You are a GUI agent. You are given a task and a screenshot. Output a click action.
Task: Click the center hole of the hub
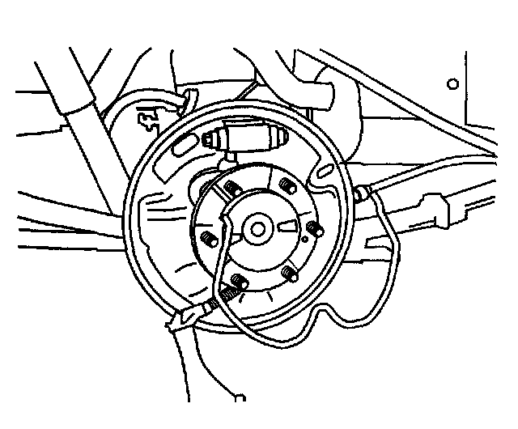pos(258,229)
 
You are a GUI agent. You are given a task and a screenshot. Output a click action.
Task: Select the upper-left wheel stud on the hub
pos(231,189)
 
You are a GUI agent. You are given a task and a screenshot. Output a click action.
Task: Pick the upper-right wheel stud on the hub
pos(284,187)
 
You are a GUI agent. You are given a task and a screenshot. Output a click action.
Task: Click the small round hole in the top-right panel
pos(453,83)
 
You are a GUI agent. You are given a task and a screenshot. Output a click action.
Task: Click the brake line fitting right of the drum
pos(363,193)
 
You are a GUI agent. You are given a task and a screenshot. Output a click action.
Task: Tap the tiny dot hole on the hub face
pos(305,240)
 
